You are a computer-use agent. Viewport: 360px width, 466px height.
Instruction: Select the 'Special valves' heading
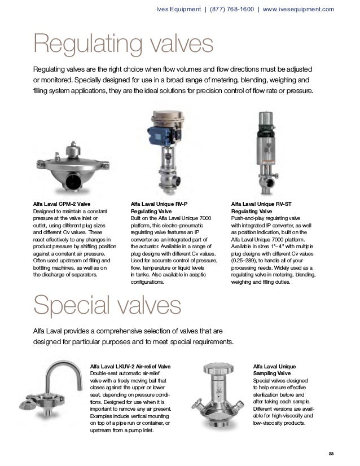(x=107, y=307)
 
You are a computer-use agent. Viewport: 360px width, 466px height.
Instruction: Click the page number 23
(x=331, y=455)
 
